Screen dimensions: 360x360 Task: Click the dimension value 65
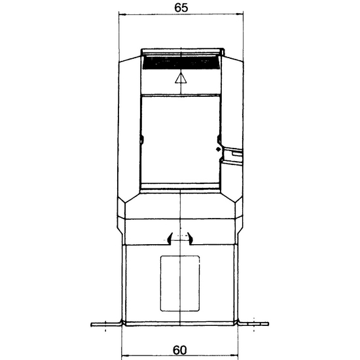point(181,7)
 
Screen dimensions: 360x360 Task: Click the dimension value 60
point(180,350)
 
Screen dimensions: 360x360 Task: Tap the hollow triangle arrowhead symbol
point(181,78)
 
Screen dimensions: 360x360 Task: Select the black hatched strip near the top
point(181,62)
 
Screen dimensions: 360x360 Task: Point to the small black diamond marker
point(219,149)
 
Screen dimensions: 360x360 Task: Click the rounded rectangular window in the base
point(180,283)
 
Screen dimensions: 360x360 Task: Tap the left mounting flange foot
point(106,325)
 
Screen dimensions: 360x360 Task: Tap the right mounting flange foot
point(253,324)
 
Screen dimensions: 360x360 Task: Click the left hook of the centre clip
point(170,239)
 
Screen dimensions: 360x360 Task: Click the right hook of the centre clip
point(190,239)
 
